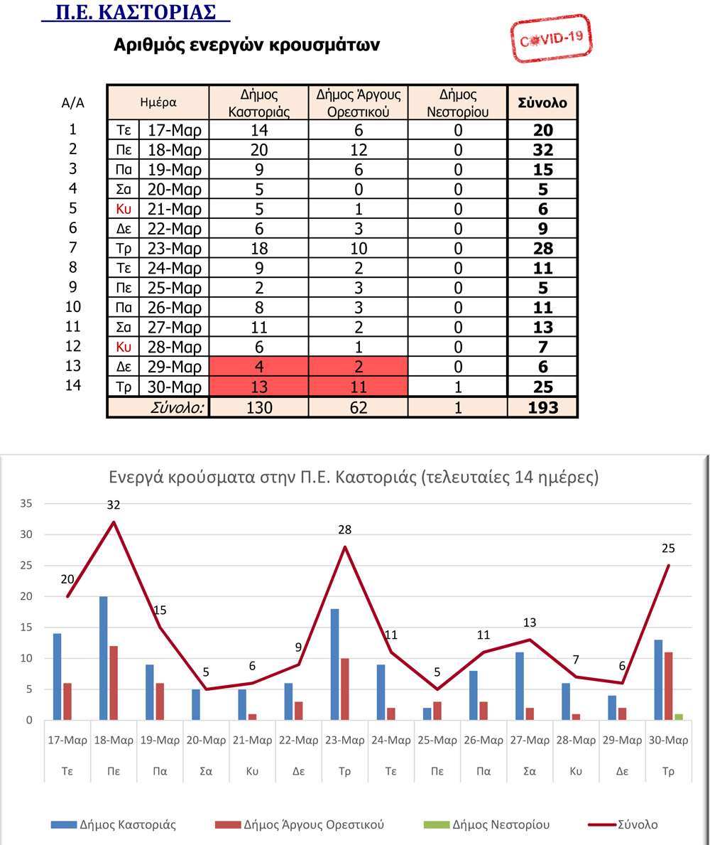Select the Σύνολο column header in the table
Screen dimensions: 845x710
point(543,103)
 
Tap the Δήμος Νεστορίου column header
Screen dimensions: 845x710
point(458,103)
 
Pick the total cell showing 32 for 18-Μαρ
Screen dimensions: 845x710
point(543,150)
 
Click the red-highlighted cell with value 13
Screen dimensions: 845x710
point(258,387)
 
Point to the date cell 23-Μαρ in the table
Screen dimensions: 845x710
point(175,249)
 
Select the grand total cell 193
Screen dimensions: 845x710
point(543,408)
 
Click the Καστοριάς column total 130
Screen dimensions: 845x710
point(258,408)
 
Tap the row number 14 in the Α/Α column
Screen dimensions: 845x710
point(72,386)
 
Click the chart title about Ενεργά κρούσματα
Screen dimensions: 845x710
point(354,477)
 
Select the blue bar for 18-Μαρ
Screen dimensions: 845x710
point(104,658)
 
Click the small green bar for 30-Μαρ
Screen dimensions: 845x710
point(678,717)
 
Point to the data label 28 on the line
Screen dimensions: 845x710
point(345,530)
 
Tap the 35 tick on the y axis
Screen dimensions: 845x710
point(27,504)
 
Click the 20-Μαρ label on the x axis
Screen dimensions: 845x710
point(206,740)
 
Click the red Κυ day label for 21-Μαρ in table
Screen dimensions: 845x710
point(124,210)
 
